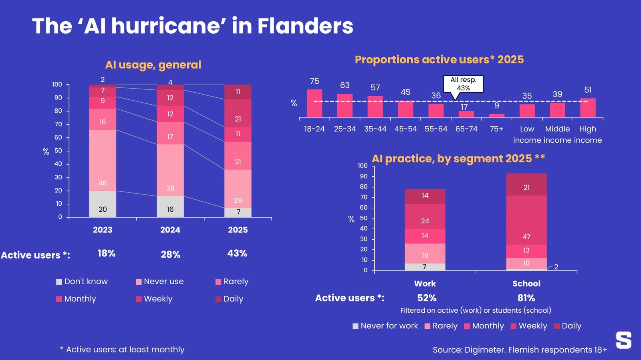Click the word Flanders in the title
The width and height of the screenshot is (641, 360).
point(305,26)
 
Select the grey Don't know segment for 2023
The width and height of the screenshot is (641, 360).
point(103,204)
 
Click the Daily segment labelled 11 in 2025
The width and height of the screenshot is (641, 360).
point(238,92)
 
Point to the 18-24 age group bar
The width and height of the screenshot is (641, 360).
point(314,103)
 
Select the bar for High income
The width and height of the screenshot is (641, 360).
point(588,108)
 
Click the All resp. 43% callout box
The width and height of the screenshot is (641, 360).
point(463,84)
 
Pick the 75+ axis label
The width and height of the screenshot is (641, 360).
point(496,129)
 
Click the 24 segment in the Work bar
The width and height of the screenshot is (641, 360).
point(425,216)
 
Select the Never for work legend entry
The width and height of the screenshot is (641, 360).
point(385,326)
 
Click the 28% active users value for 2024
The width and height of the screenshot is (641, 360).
point(171,255)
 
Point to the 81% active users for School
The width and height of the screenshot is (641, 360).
point(526,298)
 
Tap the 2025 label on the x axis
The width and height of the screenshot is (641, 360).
point(238,230)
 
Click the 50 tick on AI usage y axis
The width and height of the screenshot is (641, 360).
point(58,151)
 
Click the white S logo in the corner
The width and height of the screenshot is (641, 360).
point(623,340)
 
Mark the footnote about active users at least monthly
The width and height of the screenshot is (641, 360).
point(122,350)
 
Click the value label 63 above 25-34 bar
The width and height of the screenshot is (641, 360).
point(345,85)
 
